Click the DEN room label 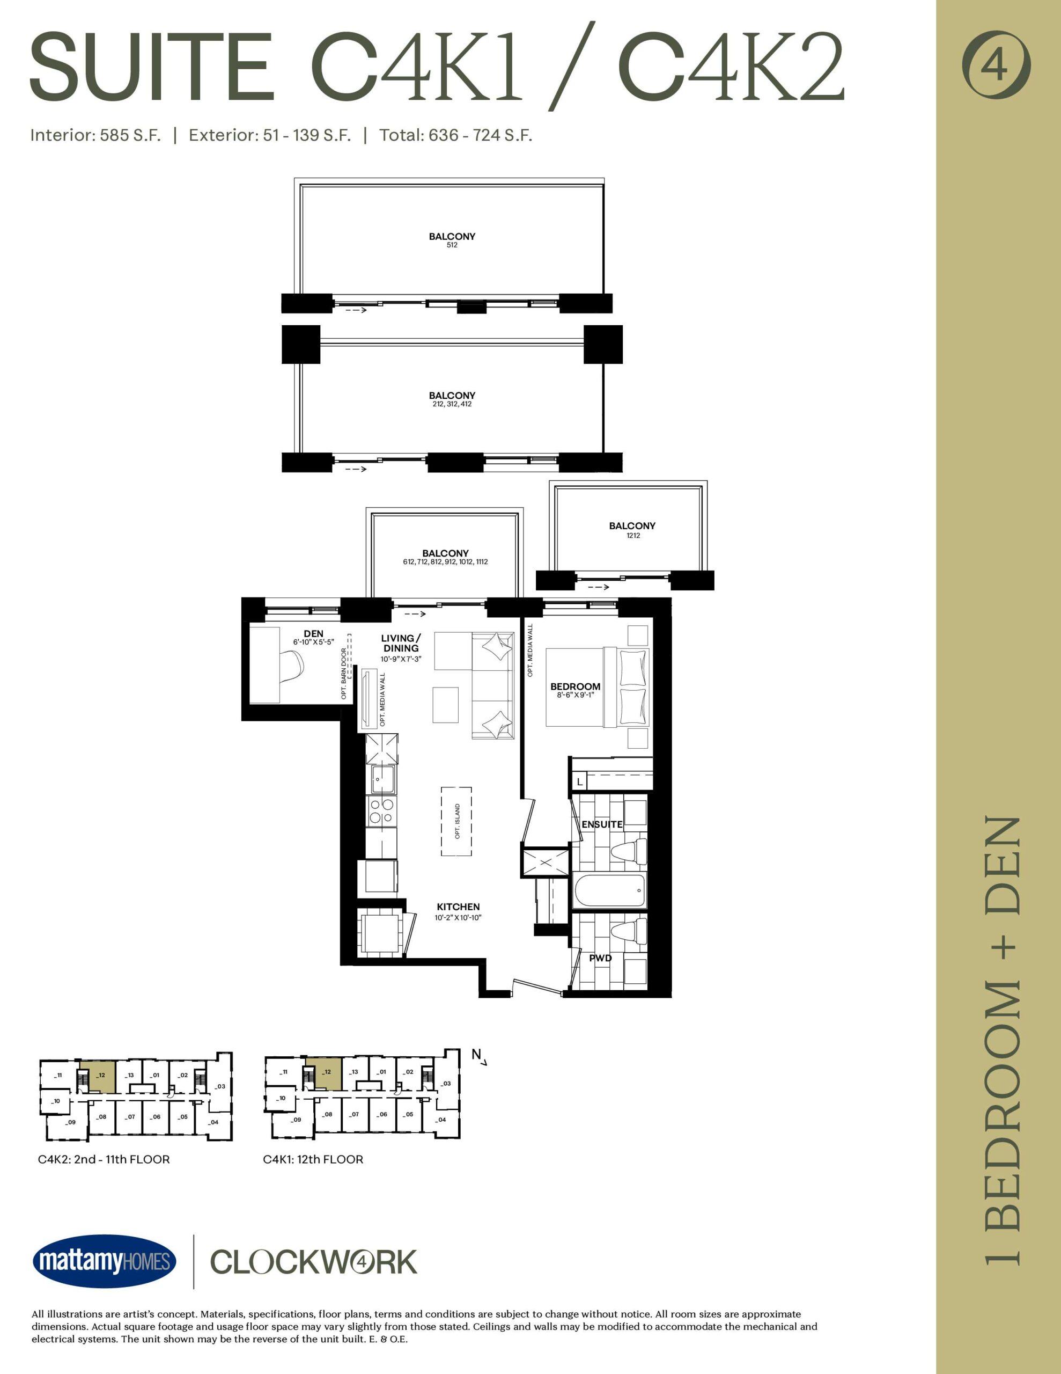point(313,633)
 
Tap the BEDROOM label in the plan point(575,686)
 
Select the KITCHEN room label point(458,907)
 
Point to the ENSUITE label point(602,824)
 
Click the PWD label point(600,958)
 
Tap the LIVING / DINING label point(401,643)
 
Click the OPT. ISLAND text point(457,821)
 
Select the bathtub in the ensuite point(610,890)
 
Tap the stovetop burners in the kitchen point(381,811)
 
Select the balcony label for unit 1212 point(632,530)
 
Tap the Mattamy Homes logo point(105,1261)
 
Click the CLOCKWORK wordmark point(313,1262)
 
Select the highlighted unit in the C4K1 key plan point(323,1073)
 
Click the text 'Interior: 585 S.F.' point(95,135)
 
